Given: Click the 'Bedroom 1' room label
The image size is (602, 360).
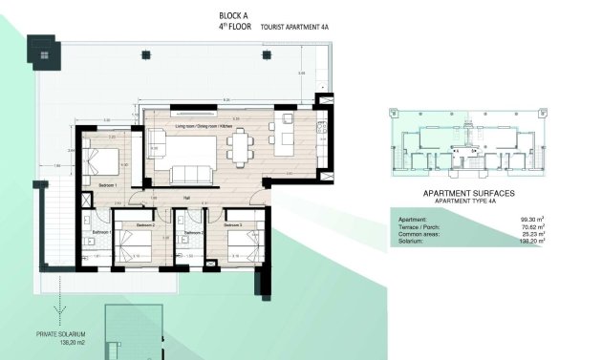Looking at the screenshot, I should (108, 185).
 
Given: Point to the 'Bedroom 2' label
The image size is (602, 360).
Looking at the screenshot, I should (145, 225).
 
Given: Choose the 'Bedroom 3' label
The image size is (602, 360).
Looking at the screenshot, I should (234, 225).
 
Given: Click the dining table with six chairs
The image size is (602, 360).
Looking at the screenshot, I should (240, 145).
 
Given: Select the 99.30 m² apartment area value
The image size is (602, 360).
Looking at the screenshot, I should (532, 220).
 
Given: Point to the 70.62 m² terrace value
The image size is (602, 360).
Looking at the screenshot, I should (532, 227).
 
